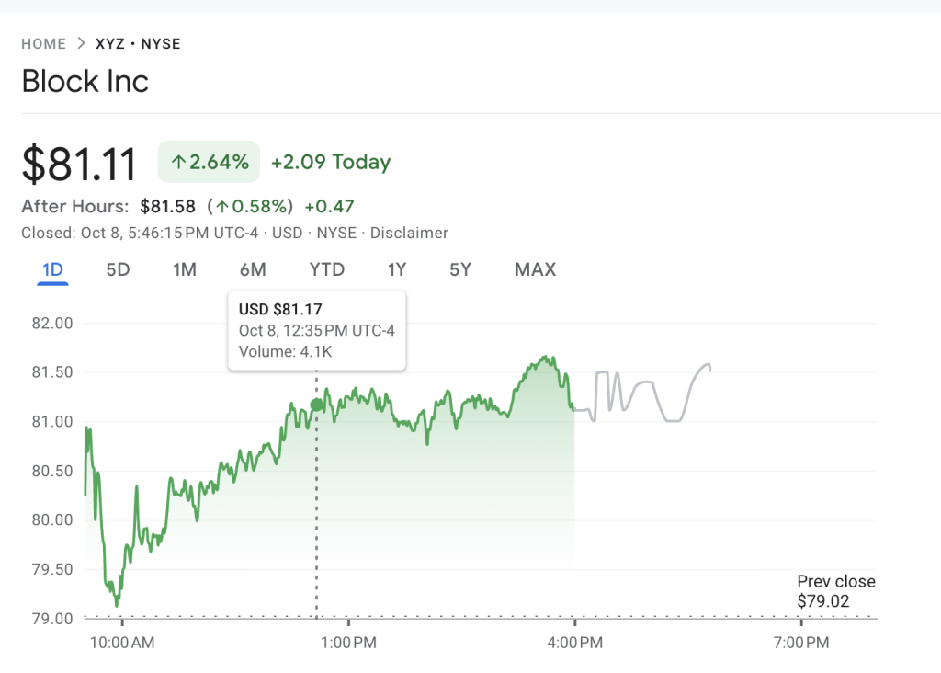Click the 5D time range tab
[x=118, y=269]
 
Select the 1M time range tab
[x=185, y=269]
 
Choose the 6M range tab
[x=253, y=269]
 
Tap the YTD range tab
[x=326, y=269]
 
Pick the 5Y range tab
[x=460, y=269]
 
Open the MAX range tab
[x=535, y=269]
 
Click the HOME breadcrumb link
[x=44, y=44]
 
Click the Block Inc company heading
[x=85, y=81]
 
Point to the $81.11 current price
[x=79, y=164]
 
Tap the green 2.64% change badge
[x=210, y=163]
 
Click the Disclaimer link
[x=409, y=233]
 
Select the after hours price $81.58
[x=167, y=206]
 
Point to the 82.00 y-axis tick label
[x=51, y=324]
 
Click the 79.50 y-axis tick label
[x=51, y=569]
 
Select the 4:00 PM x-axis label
[x=574, y=643]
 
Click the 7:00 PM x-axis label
[x=800, y=643]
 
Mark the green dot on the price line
[x=317, y=405]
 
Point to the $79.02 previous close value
[x=823, y=601]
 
